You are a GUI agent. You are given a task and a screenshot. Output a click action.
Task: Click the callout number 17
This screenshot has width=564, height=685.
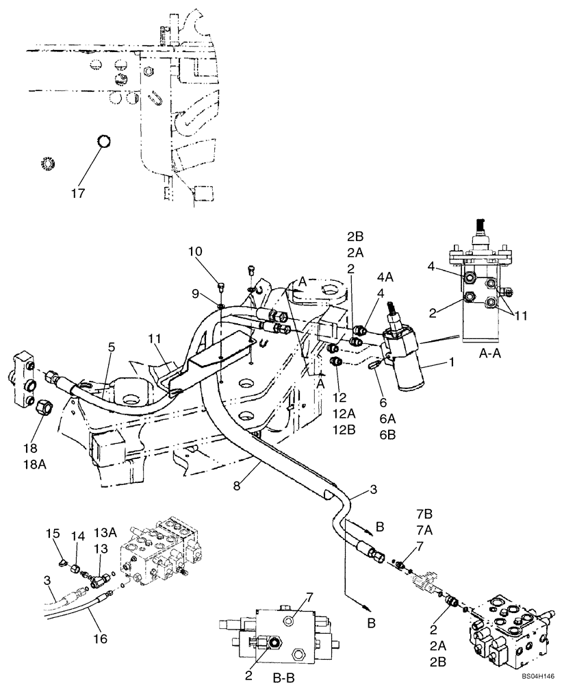pos(78,193)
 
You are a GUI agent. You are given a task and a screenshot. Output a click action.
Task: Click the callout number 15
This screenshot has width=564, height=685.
pos(53,533)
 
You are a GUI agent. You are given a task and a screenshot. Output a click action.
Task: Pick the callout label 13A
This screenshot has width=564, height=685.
pos(104,533)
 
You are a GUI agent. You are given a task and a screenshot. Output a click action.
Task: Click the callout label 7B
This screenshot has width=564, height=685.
pos(425,513)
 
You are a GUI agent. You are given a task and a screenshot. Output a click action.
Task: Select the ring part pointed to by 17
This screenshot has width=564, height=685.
pos(103,141)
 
